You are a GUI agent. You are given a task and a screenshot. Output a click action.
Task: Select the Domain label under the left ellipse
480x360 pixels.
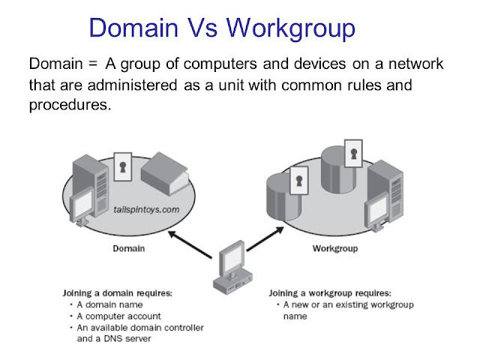[x=130, y=248]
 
